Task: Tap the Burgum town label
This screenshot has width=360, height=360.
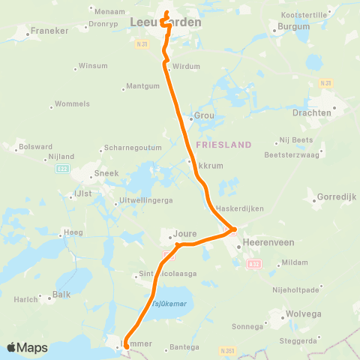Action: click(x=293, y=26)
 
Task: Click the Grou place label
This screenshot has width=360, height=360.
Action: click(x=205, y=116)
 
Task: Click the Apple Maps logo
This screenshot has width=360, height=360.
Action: click(x=27, y=347)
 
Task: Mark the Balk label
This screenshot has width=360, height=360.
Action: click(x=61, y=294)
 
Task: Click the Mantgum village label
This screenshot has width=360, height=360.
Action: click(x=144, y=86)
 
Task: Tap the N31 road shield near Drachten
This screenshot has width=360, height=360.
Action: click(x=325, y=82)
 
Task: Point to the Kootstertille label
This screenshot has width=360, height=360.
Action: click(x=302, y=14)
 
